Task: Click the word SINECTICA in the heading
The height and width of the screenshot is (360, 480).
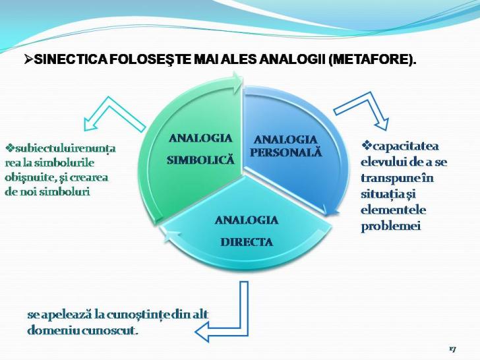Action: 71,59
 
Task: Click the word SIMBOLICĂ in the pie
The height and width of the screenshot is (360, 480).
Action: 200,160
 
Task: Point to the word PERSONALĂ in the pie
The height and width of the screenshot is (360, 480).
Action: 286,152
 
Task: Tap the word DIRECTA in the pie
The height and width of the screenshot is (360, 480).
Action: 247,242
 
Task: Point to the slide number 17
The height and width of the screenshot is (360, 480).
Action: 453,349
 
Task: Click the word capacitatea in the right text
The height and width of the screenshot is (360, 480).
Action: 405,146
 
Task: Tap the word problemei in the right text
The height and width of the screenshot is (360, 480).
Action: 391,226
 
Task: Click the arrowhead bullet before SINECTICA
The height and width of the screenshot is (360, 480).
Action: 29,59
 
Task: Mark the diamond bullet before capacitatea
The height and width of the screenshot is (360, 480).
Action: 366,145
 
